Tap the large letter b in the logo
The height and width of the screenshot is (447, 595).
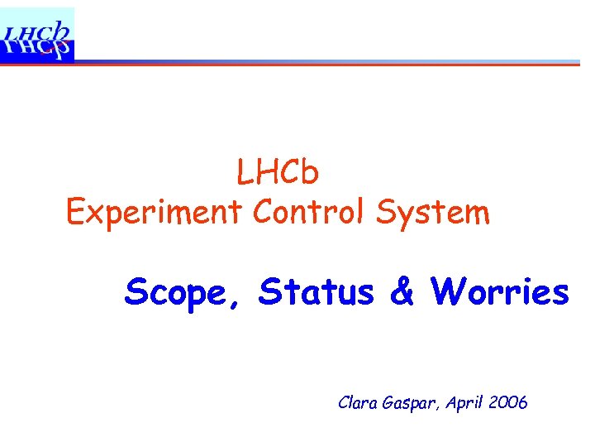(61, 29)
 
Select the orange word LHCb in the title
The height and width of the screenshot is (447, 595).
(278, 173)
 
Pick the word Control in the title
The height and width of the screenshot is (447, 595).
(310, 213)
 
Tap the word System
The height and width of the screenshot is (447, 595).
(433, 213)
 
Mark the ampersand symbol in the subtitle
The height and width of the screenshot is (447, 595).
(402, 291)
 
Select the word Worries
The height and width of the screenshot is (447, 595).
(500, 291)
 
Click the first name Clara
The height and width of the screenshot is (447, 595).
(357, 403)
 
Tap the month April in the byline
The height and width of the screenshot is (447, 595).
(464, 404)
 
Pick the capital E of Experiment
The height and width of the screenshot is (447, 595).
(75, 213)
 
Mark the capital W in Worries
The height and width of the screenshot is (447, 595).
(447, 291)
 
